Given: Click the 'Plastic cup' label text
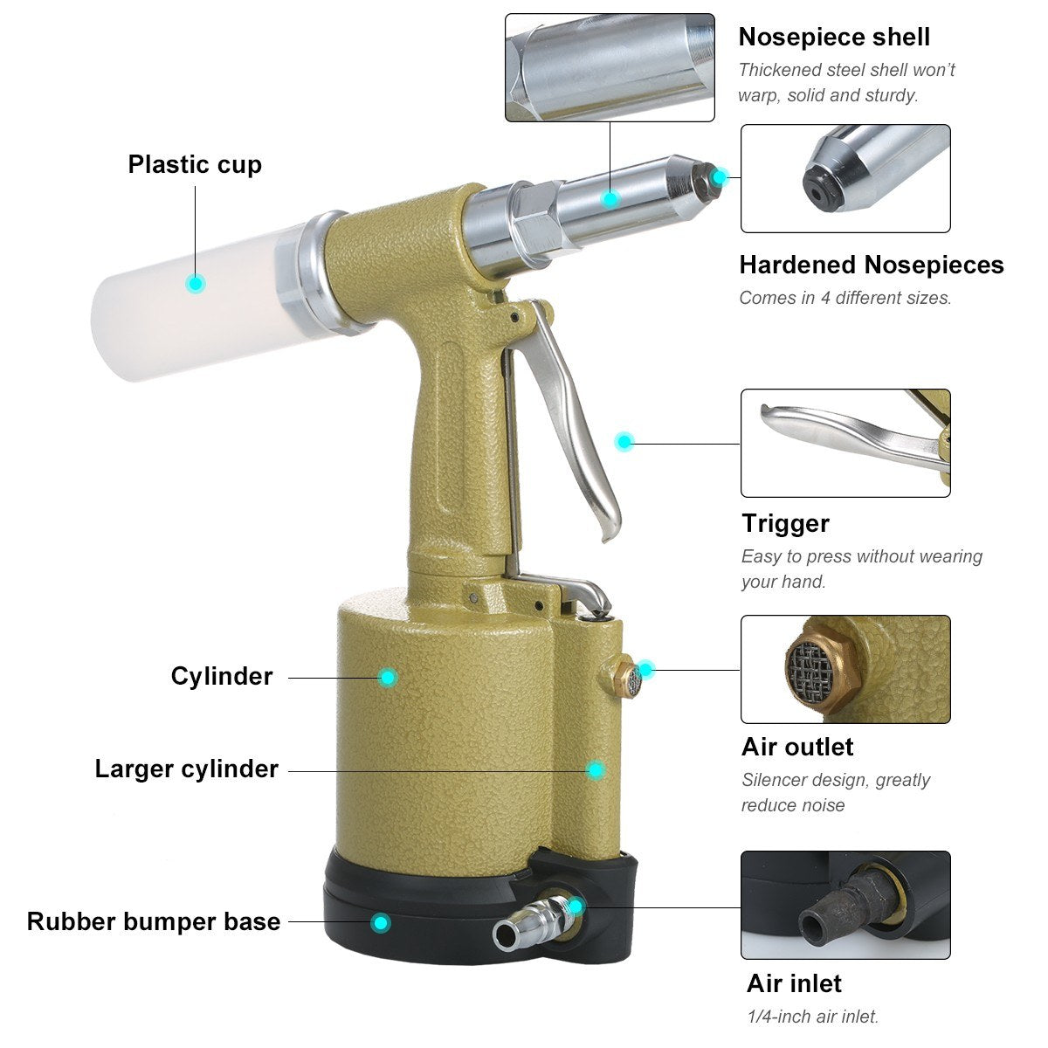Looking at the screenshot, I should (195, 164).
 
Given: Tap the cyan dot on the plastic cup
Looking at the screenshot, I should (196, 283).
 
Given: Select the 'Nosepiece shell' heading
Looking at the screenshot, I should (833, 37).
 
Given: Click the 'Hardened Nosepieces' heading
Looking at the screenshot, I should (871, 265).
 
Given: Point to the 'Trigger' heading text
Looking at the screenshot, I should (785, 523).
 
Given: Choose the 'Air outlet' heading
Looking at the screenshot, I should (796, 747).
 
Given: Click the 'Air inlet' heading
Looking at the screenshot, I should (793, 983).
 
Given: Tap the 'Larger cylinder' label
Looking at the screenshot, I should (186, 769).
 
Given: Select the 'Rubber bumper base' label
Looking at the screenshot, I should (154, 921).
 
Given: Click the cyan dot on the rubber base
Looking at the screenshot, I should (380, 922).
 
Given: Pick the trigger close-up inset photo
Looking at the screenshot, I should (845, 443).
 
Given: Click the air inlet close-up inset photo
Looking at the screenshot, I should (845, 905).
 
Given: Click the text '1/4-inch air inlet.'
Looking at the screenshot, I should (812, 1017).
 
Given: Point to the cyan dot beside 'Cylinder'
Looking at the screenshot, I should (388, 677).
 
